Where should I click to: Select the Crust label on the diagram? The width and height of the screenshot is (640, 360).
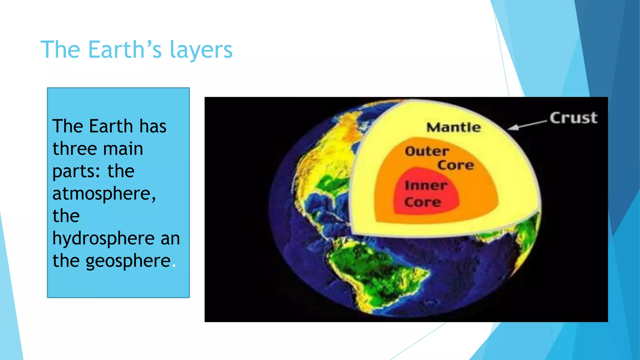(x=573, y=118)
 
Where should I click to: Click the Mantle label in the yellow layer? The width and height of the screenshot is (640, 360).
(x=454, y=127)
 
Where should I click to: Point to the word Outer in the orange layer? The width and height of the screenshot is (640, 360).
(x=427, y=151)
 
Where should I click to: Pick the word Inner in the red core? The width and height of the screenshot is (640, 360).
(x=426, y=185)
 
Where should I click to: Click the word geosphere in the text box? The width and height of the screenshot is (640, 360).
(x=128, y=261)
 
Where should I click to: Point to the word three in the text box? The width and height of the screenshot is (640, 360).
(x=72, y=148)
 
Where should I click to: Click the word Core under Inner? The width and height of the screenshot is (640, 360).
(x=422, y=202)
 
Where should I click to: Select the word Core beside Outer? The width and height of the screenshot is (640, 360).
(x=456, y=165)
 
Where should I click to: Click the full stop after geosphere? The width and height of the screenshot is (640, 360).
(x=174, y=266)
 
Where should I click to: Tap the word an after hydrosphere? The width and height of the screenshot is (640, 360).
(x=170, y=239)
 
